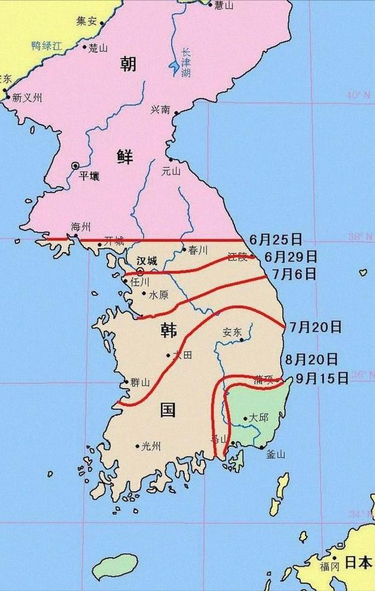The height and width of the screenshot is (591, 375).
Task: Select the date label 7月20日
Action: [315, 327]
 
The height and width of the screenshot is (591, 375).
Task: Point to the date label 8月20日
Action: [311, 360]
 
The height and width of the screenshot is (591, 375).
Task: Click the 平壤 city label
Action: [89, 176]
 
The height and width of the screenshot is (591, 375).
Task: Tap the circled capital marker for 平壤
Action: [75, 165]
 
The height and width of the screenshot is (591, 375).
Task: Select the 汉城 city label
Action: [146, 260]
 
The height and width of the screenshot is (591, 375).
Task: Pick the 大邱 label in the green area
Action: [258, 418]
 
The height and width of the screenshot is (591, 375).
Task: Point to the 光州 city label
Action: [151, 447]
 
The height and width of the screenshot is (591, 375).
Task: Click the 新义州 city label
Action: [27, 97]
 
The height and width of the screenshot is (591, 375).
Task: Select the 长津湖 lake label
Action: [186, 62]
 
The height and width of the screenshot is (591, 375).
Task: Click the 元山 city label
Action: [171, 170]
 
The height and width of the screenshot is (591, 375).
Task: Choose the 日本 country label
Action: [358, 563]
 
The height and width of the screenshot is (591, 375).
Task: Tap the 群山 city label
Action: [140, 382]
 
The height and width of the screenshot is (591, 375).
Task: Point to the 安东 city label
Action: [232, 332]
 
